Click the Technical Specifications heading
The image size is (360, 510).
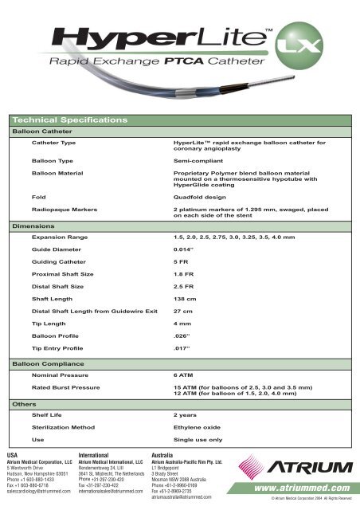pos(71,119)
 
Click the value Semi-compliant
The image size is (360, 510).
pos(198,160)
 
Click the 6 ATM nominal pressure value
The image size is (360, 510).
pos(185,373)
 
